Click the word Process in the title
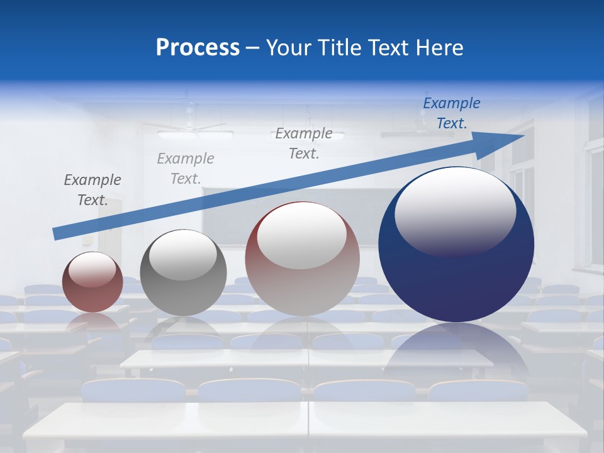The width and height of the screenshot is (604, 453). click(198, 48)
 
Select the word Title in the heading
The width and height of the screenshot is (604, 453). click(340, 48)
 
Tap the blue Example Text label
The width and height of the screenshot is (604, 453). click(452, 113)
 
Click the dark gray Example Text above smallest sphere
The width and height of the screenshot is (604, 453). click(92, 190)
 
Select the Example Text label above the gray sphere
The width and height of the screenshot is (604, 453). click(186, 169)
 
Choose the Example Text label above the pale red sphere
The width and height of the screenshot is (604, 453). click(304, 143)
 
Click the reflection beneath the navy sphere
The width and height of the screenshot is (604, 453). click(456, 352)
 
